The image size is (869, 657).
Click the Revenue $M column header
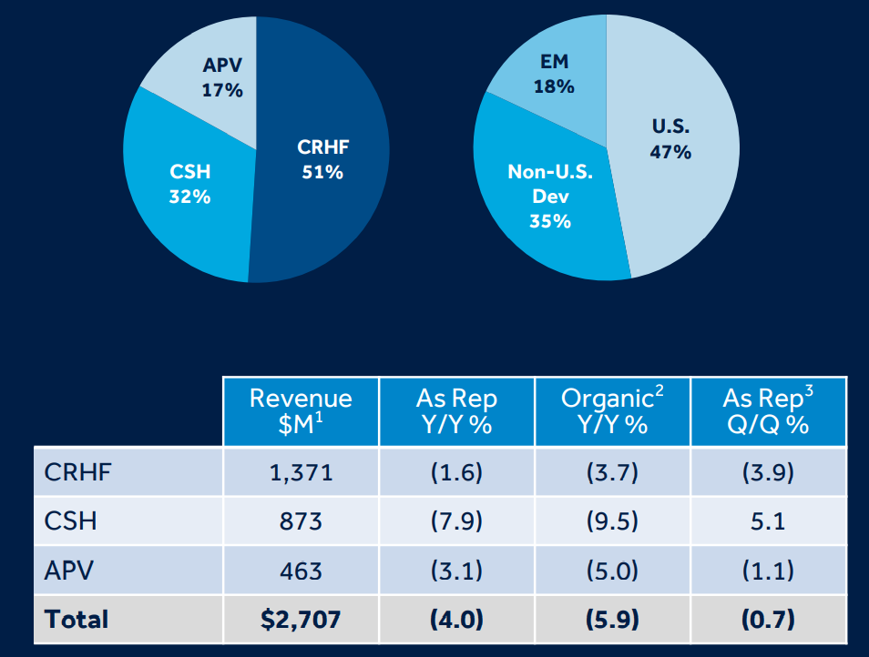pyautogui.click(x=301, y=411)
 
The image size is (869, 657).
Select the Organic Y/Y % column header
pyautogui.click(x=612, y=411)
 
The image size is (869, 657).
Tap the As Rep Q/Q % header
pyautogui.click(x=768, y=411)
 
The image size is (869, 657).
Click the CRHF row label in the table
pyautogui.click(x=72, y=472)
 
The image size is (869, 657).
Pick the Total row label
pyautogui.click(x=77, y=620)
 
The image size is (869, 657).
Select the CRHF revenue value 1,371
pyautogui.click(x=301, y=472)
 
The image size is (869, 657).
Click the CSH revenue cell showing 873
pyautogui.click(x=301, y=521)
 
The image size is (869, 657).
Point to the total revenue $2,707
pyautogui.click(x=301, y=620)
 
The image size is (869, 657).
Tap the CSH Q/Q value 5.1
pyautogui.click(x=768, y=521)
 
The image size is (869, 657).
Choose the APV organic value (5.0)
pyautogui.click(x=612, y=571)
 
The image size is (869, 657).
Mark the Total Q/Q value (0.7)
pyautogui.click(x=768, y=620)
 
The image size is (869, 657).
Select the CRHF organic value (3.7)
pyautogui.click(x=612, y=472)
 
